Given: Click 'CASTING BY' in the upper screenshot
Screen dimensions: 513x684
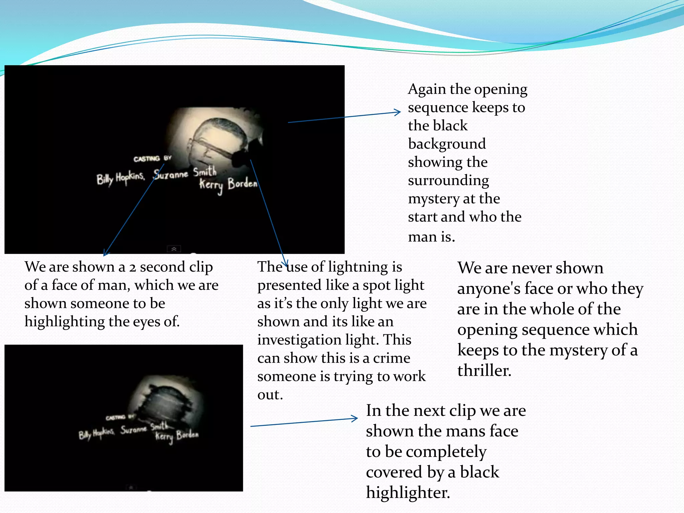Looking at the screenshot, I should click(152, 159).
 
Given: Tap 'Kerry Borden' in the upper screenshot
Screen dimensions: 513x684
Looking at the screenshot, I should click(228, 184).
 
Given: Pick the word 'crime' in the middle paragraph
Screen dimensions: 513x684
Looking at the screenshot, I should click(391, 358).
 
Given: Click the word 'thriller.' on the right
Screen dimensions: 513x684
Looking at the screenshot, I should click(484, 371).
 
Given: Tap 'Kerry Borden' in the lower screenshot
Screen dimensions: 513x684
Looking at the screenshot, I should click(177, 436).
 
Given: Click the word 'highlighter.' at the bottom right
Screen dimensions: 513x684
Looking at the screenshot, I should click(408, 493).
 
